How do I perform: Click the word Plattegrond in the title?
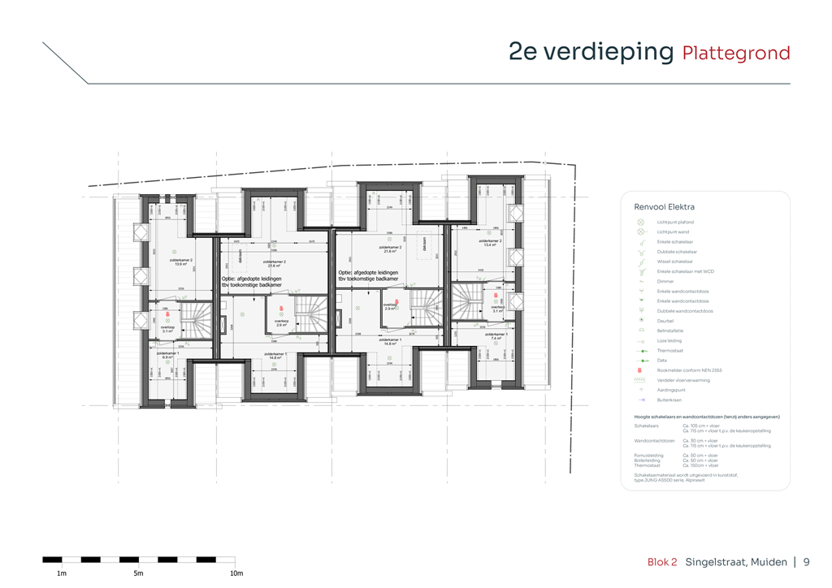[735, 54]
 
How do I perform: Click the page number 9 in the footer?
[806, 562]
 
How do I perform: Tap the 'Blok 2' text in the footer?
[661, 562]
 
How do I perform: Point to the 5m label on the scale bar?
[139, 573]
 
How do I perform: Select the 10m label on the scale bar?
[236, 573]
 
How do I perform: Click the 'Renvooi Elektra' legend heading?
[664, 207]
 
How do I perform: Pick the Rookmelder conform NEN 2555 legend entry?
[689, 370]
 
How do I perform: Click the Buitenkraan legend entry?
[669, 400]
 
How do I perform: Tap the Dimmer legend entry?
[665, 281]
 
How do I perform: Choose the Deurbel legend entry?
[665, 321]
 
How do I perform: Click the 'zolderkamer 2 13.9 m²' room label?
[180, 262]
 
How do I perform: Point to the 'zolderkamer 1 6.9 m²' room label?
[167, 355]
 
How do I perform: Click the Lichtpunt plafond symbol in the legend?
[640, 222]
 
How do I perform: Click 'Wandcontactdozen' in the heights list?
[654, 441]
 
